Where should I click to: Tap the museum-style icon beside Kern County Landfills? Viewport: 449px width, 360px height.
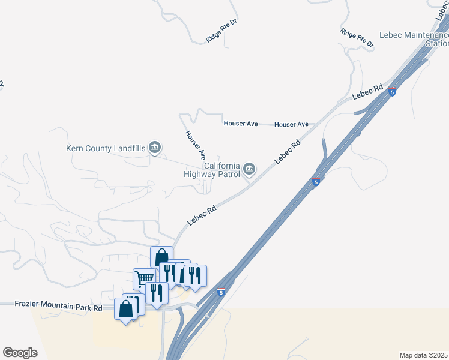point(155,147)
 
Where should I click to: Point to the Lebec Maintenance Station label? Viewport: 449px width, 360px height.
point(414,40)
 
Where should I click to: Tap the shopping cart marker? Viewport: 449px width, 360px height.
point(144,278)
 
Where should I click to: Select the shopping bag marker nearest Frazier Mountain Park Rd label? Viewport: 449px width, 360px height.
point(126,310)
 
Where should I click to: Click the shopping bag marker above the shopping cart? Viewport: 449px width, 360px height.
point(161,257)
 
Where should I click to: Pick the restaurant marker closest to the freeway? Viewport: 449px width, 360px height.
point(195,275)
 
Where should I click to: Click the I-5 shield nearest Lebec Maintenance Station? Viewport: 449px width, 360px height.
point(392,92)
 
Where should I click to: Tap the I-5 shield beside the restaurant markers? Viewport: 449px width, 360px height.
point(221,292)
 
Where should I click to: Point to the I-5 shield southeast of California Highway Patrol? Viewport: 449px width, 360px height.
point(316,181)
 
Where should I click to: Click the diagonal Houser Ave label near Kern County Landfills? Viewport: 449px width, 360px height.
point(196,145)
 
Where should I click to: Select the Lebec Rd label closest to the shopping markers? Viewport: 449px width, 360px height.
point(201,217)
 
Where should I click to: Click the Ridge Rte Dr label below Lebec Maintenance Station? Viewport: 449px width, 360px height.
point(357,38)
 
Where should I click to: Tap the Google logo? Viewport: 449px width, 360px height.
point(20,353)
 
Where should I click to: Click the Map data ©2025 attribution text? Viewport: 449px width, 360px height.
point(424,355)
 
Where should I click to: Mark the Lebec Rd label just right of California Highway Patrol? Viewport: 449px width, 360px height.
point(287,152)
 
